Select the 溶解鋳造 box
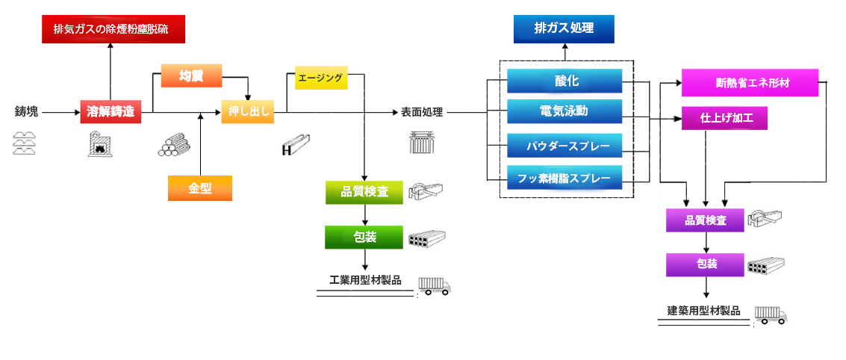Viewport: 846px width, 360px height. (111, 112)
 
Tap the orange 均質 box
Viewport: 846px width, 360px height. (192, 75)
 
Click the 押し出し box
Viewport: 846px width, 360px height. (247, 112)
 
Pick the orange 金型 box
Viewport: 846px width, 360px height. (199, 188)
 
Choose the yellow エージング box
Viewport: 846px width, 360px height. (321, 78)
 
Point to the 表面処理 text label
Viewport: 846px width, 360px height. (422, 113)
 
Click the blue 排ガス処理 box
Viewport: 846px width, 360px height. (564, 29)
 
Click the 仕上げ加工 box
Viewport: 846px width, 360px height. (724, 118)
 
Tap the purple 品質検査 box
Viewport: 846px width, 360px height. (706, 220)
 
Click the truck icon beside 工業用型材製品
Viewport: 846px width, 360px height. (435, 285)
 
